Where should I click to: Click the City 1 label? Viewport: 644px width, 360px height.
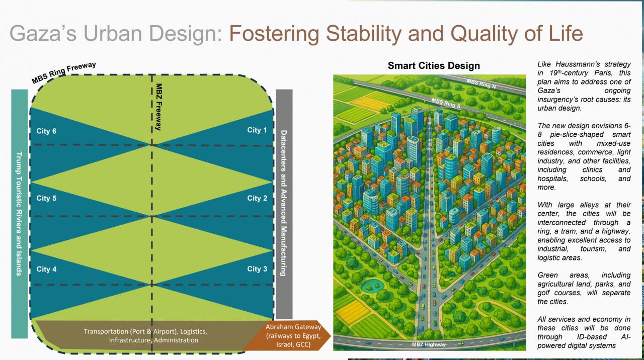257,130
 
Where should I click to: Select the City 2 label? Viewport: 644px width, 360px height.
257,198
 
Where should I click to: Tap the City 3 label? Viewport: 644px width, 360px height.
257,269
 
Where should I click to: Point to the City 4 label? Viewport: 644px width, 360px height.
46,269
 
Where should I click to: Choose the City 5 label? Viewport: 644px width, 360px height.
46,198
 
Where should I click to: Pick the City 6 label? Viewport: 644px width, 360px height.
46,131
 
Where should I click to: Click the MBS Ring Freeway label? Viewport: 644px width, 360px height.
64,73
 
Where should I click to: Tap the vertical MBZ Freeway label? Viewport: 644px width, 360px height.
158,107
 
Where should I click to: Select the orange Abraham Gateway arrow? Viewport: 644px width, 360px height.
287,335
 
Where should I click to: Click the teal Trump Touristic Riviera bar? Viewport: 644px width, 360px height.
20,214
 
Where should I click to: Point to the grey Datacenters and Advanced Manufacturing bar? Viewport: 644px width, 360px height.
284,204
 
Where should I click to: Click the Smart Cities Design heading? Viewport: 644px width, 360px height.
434,66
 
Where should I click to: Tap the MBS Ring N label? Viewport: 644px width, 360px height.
481,84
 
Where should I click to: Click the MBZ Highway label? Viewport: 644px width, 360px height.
429,344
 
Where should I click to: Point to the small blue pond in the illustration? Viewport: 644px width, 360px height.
372,285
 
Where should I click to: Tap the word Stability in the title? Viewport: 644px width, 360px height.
364,34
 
